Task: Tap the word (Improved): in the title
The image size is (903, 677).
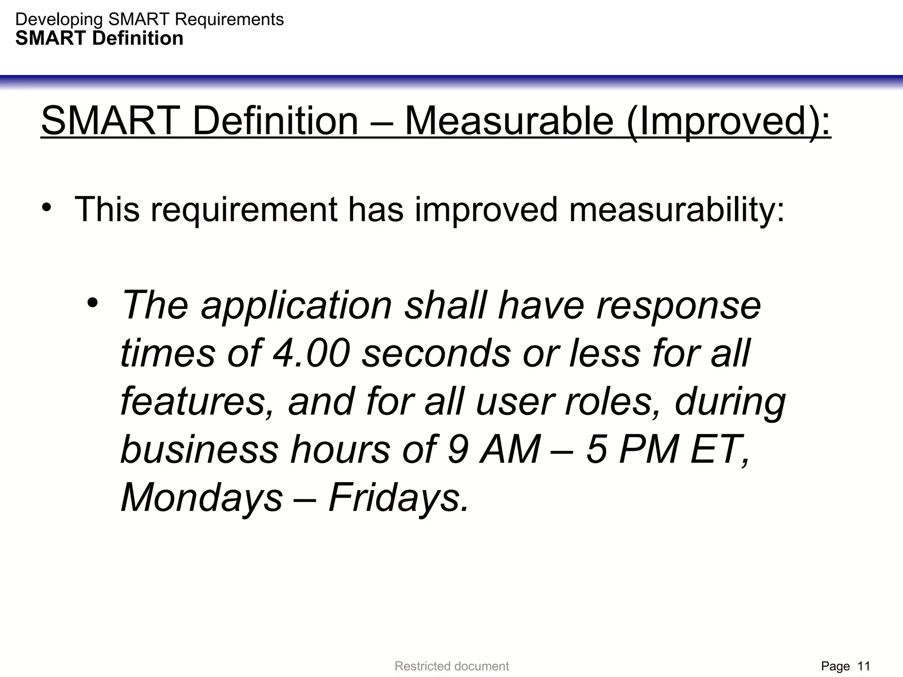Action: coord(728,122)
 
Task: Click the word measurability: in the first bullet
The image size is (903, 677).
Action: coord(677,209)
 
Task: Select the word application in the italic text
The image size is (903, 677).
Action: coord(296,305)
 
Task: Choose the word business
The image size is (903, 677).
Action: coord(199,449)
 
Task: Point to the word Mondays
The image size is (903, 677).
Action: coord(201,498)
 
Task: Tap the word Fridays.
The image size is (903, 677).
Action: coord(398,498)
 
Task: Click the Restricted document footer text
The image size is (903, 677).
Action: coord(451,666)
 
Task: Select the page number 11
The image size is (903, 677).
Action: coord(864,666)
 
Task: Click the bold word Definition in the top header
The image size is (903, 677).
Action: coord(138,39)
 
